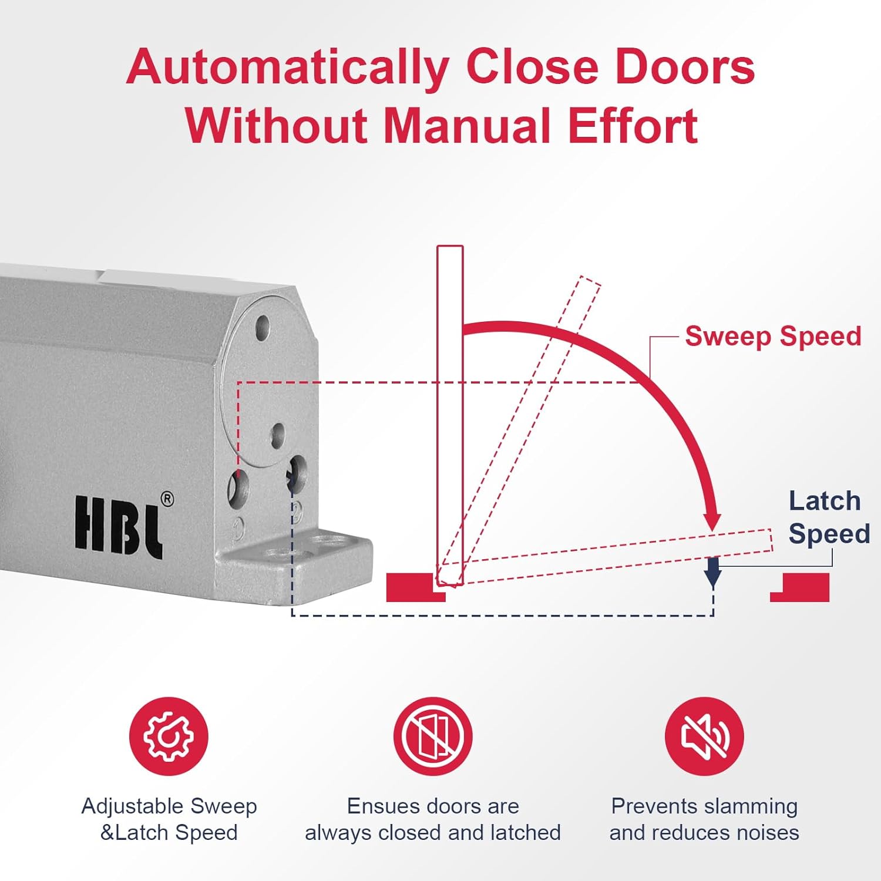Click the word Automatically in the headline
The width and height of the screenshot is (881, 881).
[288, 68]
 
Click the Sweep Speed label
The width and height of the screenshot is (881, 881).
[773, 337]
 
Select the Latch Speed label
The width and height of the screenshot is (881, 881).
[828, 517]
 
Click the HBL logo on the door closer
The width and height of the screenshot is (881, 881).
[118, 526]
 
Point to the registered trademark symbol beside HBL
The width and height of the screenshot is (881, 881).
[167, 499]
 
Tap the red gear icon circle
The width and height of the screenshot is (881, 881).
[169, 736]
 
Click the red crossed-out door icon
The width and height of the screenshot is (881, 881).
[433, 736]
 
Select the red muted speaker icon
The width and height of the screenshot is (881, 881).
[704, 736]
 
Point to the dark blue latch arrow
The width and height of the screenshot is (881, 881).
[713, 571]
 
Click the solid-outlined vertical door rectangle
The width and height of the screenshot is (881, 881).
[450, 411]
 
